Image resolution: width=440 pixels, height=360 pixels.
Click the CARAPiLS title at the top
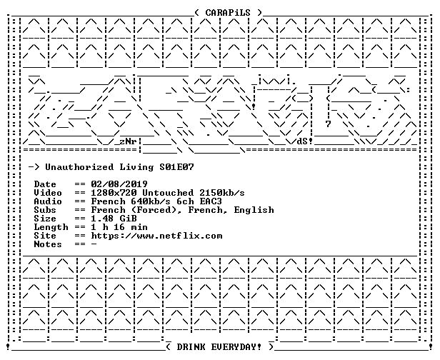pos(228,13)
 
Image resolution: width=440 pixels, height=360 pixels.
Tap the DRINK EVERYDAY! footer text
pos(219,347)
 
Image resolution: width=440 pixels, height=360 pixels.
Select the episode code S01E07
pos(176,167)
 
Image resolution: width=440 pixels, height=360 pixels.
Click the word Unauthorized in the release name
pos(79,167)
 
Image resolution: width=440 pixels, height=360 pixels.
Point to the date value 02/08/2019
pos(119,184)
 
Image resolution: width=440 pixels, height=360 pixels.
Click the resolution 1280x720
pos(114,193)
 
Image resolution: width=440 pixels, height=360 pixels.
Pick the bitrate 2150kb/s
pos(222,193)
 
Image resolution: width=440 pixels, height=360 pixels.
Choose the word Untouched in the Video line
pos(168,193)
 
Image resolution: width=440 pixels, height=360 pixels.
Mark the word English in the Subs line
pos(254,210)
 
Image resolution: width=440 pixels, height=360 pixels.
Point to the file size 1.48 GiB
pos(114,219)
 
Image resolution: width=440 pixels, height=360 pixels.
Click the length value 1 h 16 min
pos(119,227)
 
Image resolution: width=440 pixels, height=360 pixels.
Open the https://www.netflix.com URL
pos(156,236)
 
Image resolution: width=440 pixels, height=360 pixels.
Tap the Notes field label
pos(48,244)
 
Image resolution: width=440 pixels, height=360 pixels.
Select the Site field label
pos(45,236)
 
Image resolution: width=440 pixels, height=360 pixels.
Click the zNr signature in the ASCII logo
pos(128,141)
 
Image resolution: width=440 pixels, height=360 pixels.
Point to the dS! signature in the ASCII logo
pos(305,141)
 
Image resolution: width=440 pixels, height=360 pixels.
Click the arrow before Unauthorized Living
pos(34,167)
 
